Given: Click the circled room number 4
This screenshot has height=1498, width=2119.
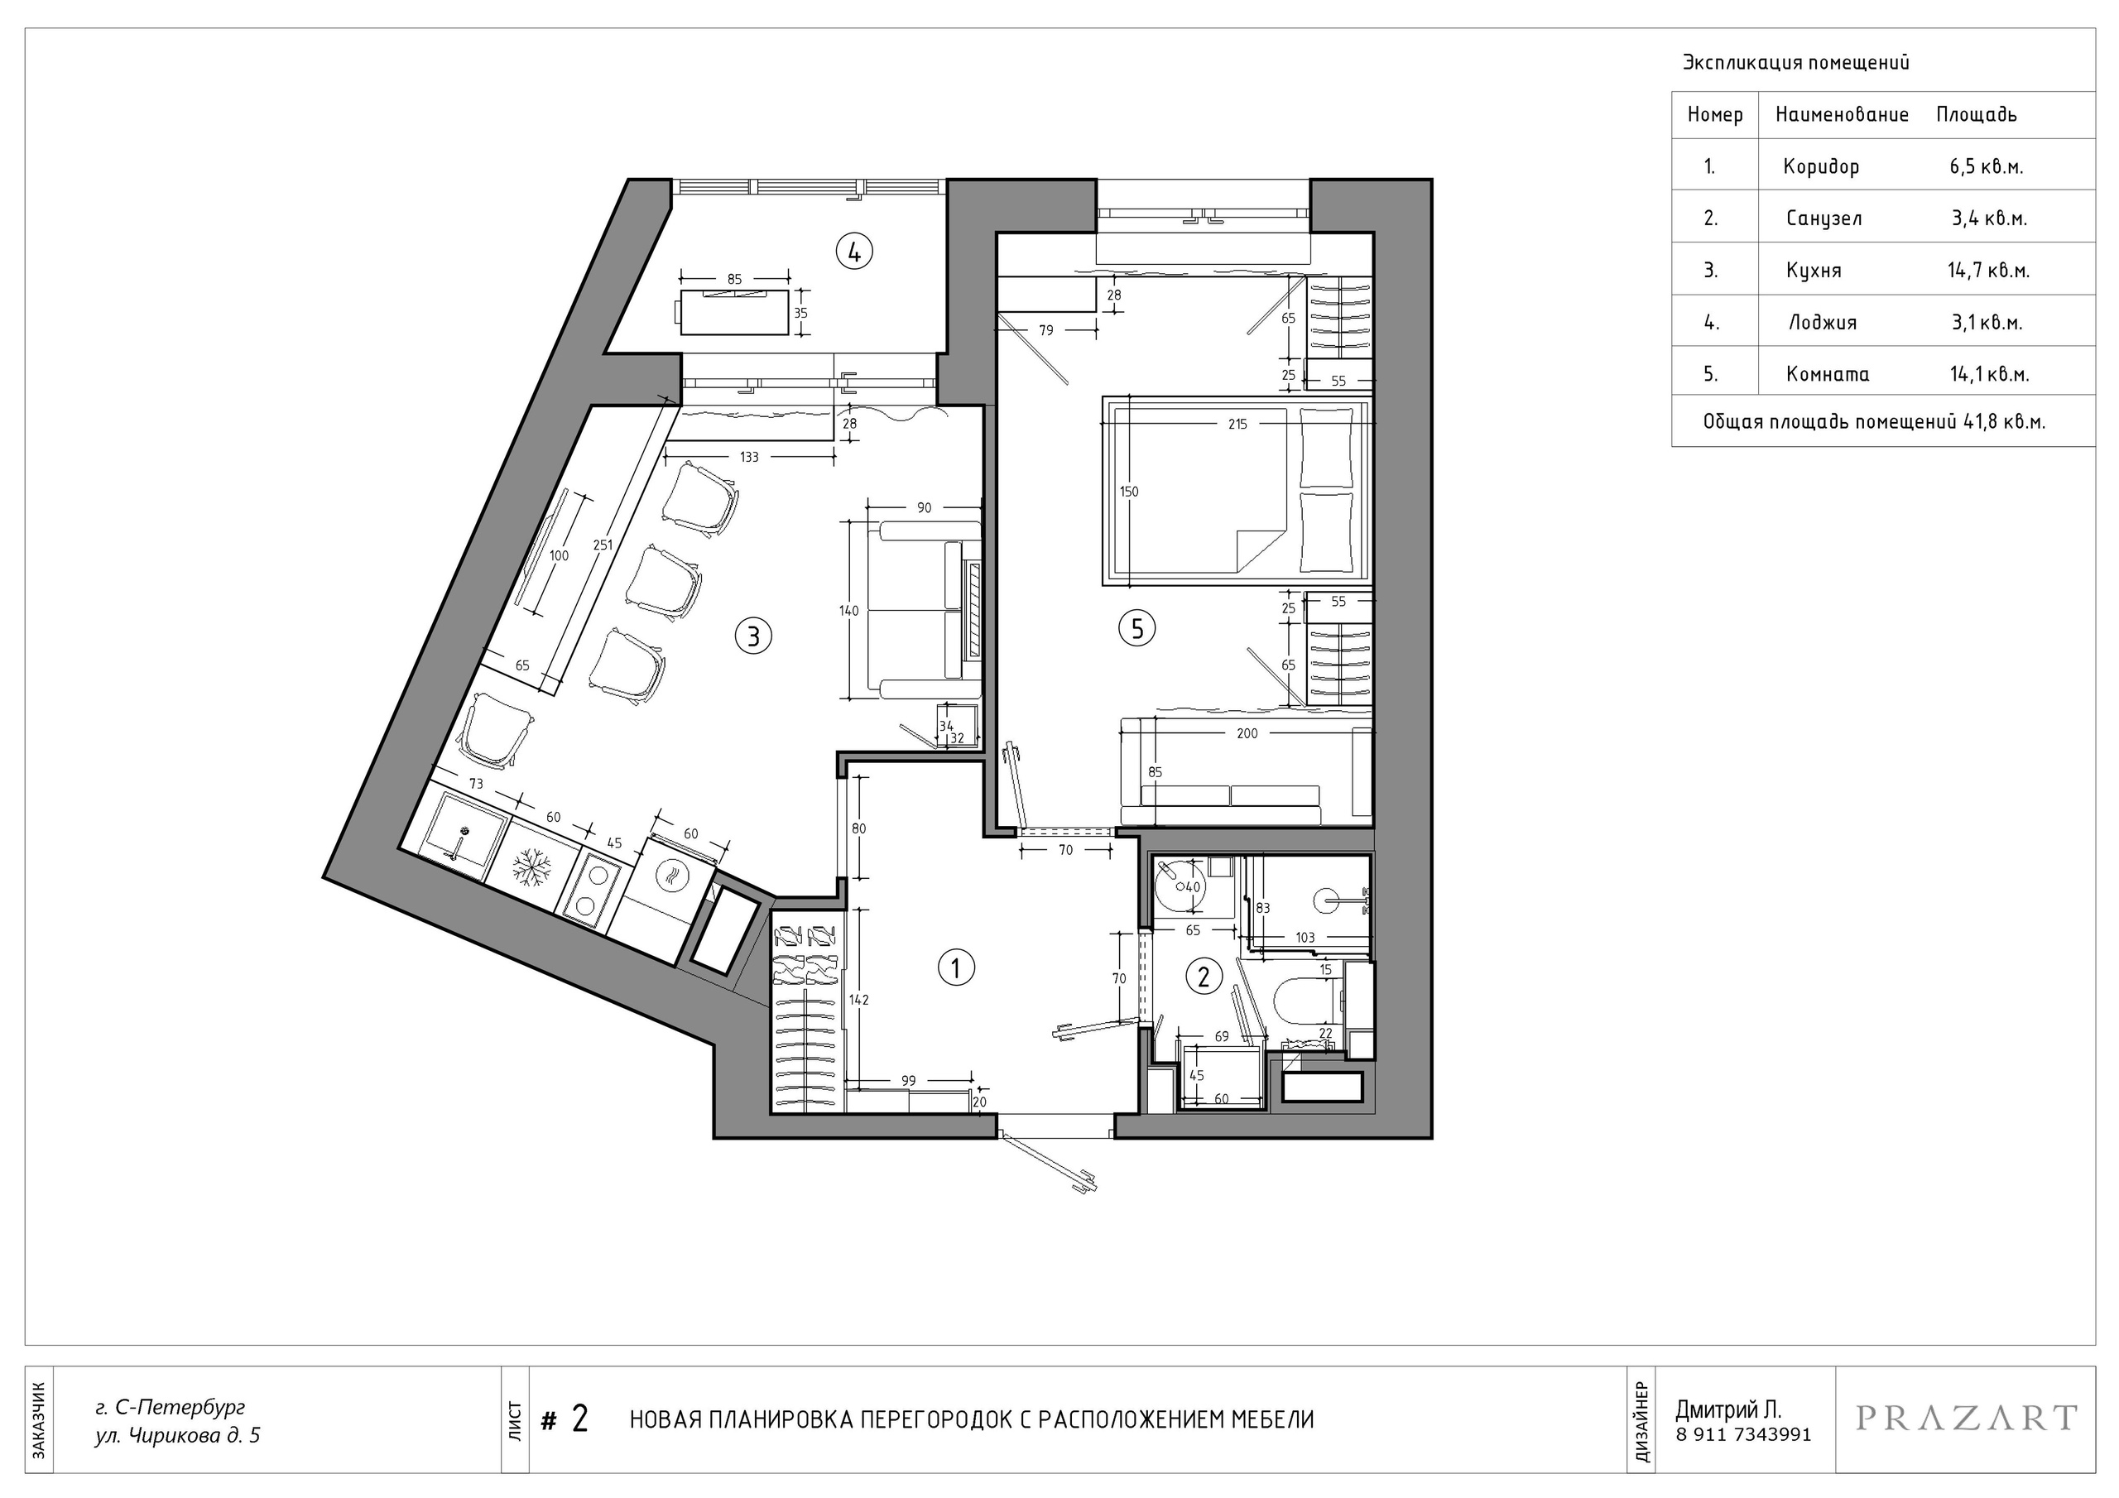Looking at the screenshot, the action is click(854, 251).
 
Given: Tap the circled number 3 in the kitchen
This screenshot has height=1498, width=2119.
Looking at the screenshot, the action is click(753, 636).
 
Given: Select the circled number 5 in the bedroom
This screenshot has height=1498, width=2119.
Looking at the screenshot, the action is click(1137, 628).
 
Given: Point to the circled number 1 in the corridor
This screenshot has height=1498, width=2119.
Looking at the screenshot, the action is click(956, 968).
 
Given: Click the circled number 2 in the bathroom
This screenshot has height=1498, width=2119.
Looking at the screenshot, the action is click(1204, 977).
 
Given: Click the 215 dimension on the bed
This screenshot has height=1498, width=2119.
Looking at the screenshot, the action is click(1237, 425).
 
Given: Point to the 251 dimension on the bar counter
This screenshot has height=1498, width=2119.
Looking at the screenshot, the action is click(603, 545).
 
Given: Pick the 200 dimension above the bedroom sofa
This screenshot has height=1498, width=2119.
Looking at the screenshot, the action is click(1247, 734).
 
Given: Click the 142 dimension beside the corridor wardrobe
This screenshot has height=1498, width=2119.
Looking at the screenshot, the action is click(859, 1000).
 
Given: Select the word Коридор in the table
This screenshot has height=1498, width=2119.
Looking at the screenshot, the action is click(1821, 167).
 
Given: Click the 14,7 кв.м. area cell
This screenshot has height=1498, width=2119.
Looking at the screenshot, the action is click(1989, 271).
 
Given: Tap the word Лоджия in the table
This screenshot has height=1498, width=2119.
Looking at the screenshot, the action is click(1823, 322).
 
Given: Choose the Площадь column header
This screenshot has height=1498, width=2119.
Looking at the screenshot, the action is click(1977, 114).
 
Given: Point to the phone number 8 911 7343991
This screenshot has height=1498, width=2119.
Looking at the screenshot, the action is click(1743, 1435).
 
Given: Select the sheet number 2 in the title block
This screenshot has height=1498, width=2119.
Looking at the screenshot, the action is click(579, 1419).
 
